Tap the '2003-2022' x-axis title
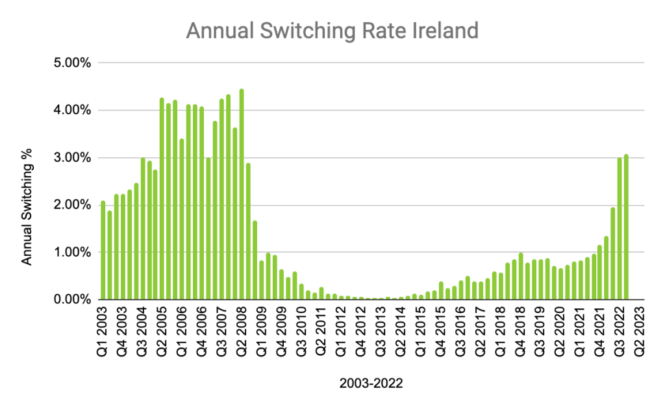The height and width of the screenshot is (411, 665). pos(371,383)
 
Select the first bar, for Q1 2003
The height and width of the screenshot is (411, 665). pos(103,250)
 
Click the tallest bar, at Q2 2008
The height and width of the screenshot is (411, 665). pos(242,194)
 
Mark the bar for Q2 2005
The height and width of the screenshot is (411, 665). pos(162,199)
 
